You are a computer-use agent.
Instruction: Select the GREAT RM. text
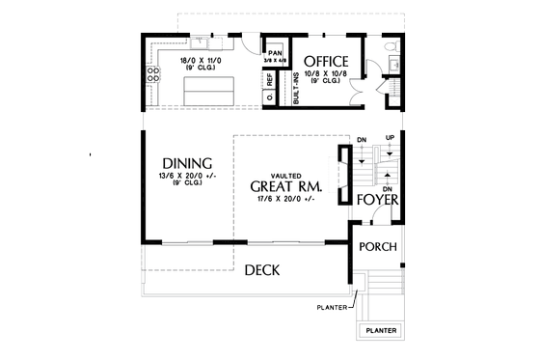[284, 186]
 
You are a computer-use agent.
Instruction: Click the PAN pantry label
[275, 53]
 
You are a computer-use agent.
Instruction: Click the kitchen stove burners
[152, 77]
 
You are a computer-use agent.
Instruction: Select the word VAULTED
[284, 172]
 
